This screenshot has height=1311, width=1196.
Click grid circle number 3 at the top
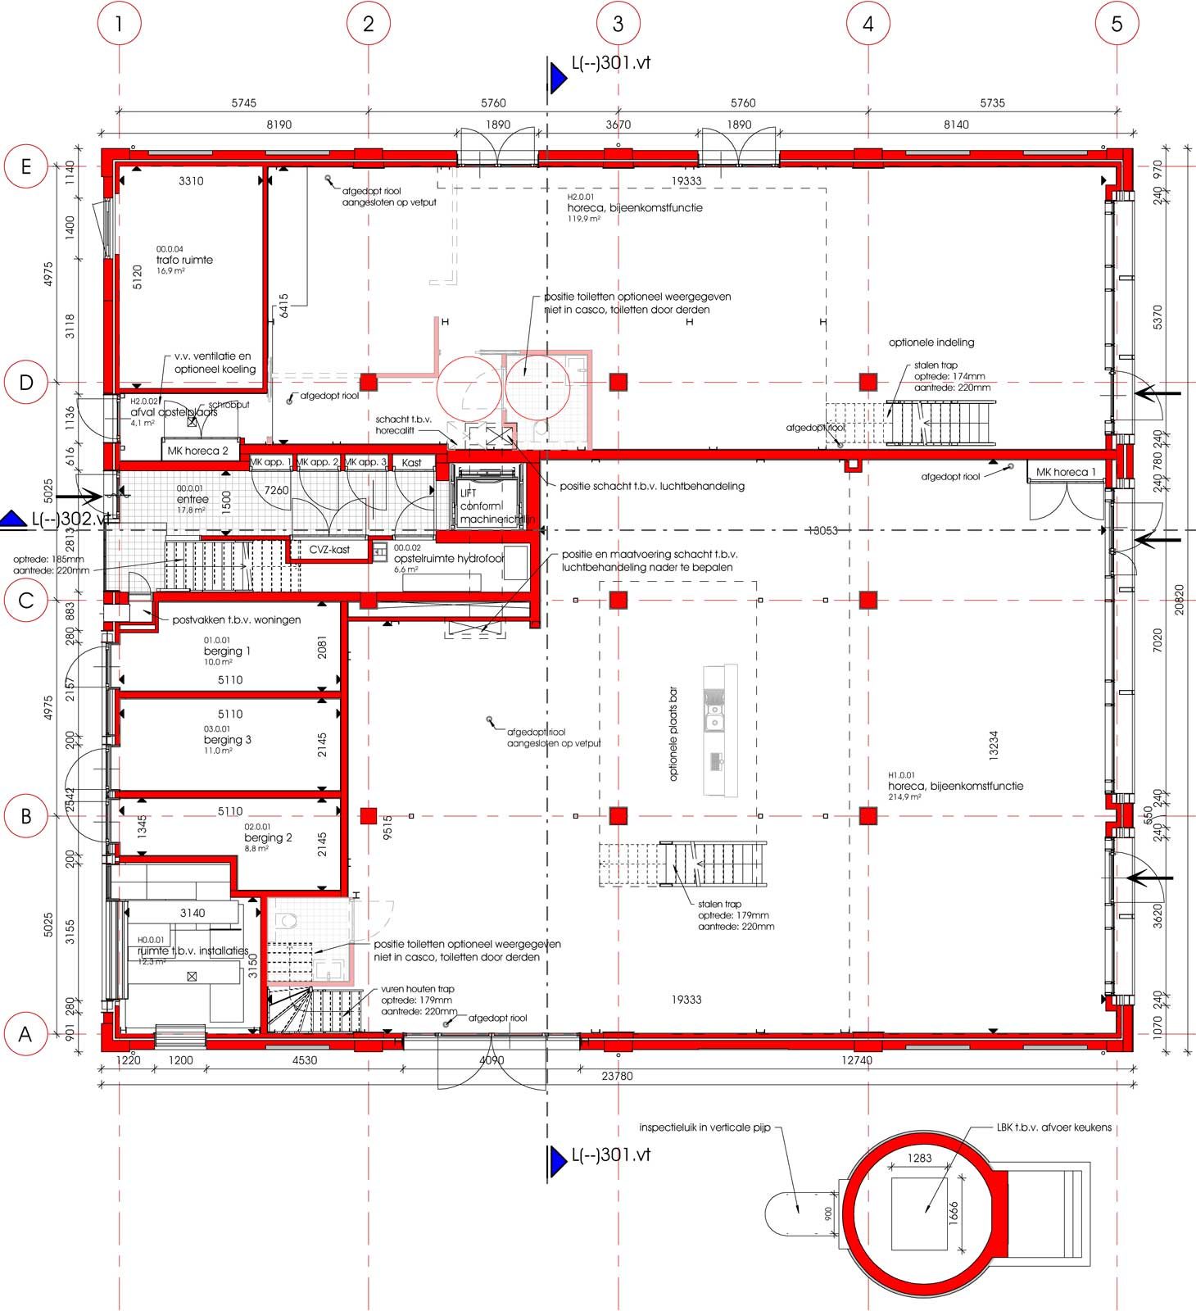click(x=618, y=24)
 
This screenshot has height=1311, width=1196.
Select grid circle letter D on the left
click(x=25, y=383)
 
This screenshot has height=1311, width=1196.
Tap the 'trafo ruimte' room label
click(x=184, y=260)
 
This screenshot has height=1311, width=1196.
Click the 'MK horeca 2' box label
click(x=197, y=451)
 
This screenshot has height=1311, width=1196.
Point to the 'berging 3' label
click(x=227, y=740)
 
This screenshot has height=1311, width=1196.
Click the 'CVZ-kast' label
click(x=329, y=550)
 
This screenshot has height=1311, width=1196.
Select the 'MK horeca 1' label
click(x=1065, y=472)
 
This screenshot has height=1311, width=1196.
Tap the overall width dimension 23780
click(x=617, y=1076)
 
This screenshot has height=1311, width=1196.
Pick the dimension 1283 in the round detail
click(x=920, y=1158)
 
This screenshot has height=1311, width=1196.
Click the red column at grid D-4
click(x=868, y=382)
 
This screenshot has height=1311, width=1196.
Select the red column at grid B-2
click(x=368, y=815)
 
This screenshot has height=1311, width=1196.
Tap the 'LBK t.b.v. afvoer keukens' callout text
click(x=1053, y=1127)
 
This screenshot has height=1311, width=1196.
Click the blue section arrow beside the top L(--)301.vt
click(x=559, y=79)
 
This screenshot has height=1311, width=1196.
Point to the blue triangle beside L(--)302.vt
click(x=14, y=518)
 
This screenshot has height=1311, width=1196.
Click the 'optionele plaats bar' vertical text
click(x=673, y=733)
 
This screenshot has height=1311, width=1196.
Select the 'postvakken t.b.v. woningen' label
click(x=236, y=620)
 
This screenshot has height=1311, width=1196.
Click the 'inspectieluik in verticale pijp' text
click(x=704, y=1127)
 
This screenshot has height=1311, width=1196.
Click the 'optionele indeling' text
click(x=931, y=342)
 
